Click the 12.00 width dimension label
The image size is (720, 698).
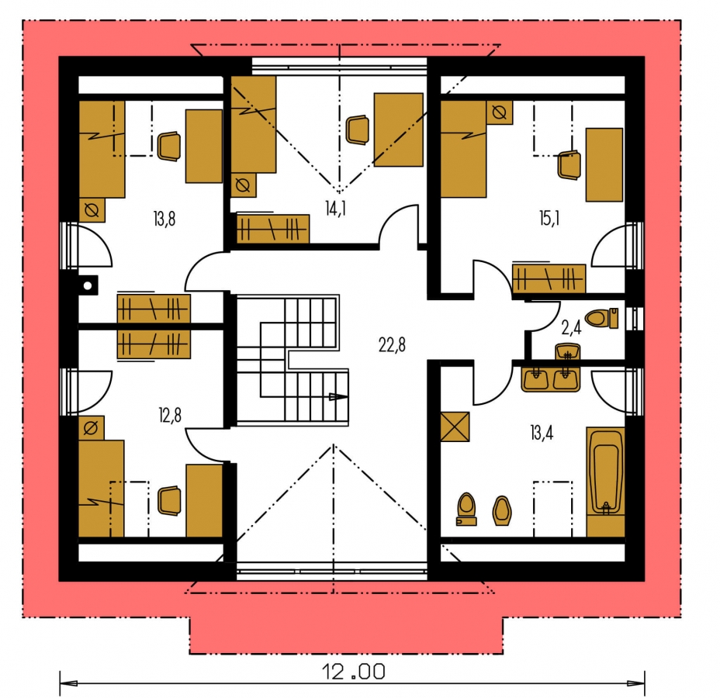coord(354,672)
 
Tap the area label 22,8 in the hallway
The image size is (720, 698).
coord(392,344)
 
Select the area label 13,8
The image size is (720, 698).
coord(164,219)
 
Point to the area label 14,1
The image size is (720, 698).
coord(336,209)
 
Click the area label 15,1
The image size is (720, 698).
coord(549,219)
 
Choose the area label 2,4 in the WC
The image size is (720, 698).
coord(571,327)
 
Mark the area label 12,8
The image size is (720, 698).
coord(170,416)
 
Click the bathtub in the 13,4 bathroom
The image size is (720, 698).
coord(606,482)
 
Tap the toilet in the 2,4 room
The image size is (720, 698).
coord(601,318)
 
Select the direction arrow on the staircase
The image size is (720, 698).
coord(338,396)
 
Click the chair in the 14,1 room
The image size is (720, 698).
coord(357,130)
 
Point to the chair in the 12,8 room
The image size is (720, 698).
coord(169,501)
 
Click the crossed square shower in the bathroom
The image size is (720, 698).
coord(455,427)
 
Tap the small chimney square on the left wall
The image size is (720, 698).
coord(88,285)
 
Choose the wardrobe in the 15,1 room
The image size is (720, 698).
coord(549,278)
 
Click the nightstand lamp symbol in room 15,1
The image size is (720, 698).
coord(499,112)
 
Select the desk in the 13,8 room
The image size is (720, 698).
coord(204,147)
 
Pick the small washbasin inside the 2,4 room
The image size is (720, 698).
coord(568,352)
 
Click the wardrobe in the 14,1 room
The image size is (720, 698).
coord(273,228)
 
